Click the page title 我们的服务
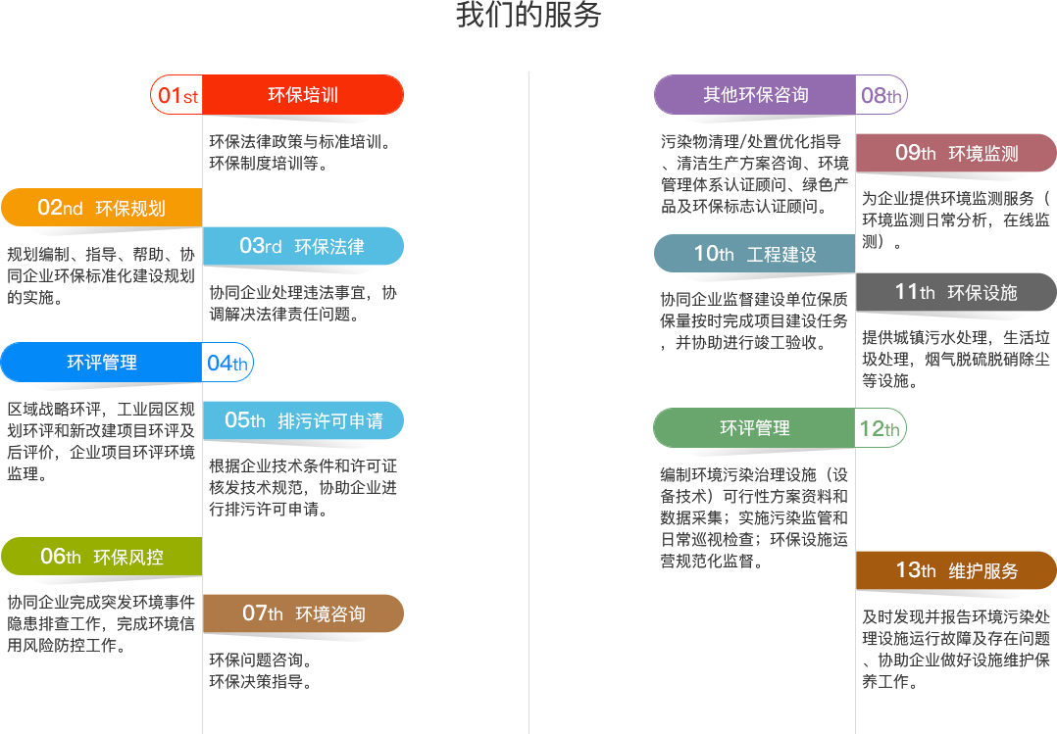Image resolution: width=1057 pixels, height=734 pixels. coord(528,15)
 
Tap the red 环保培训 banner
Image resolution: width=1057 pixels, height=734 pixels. coord(303,94)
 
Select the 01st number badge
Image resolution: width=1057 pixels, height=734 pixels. coord(176,94)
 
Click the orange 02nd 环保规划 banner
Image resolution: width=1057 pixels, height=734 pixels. coord(101,208)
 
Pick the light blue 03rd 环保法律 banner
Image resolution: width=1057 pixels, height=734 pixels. coord(303,246)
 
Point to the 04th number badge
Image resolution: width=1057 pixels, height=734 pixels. coord(227,363)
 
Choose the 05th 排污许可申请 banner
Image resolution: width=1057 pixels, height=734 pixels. coord(303,420)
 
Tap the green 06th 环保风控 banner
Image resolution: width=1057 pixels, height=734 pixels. coord(101,557)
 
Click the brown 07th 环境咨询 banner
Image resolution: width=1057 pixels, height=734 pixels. coord(303,613)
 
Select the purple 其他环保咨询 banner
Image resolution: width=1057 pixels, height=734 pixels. coord(755,94)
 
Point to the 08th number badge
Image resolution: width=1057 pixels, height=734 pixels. coord(881,94)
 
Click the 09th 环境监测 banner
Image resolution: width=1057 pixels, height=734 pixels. coord(956,153)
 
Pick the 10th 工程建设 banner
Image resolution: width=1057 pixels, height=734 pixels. coord(754,254)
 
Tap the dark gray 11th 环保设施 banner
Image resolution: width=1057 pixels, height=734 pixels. coord(956,292)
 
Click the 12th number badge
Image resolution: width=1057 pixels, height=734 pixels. coord(880,428)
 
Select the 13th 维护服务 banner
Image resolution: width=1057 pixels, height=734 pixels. coord(956,571)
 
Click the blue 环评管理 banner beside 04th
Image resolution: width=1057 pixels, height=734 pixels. coord(101,363)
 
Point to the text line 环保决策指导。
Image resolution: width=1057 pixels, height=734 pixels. coord(261,681)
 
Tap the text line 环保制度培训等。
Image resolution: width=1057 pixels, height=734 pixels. coord(269,163)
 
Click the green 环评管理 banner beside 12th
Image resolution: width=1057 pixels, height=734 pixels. coord(754,428)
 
